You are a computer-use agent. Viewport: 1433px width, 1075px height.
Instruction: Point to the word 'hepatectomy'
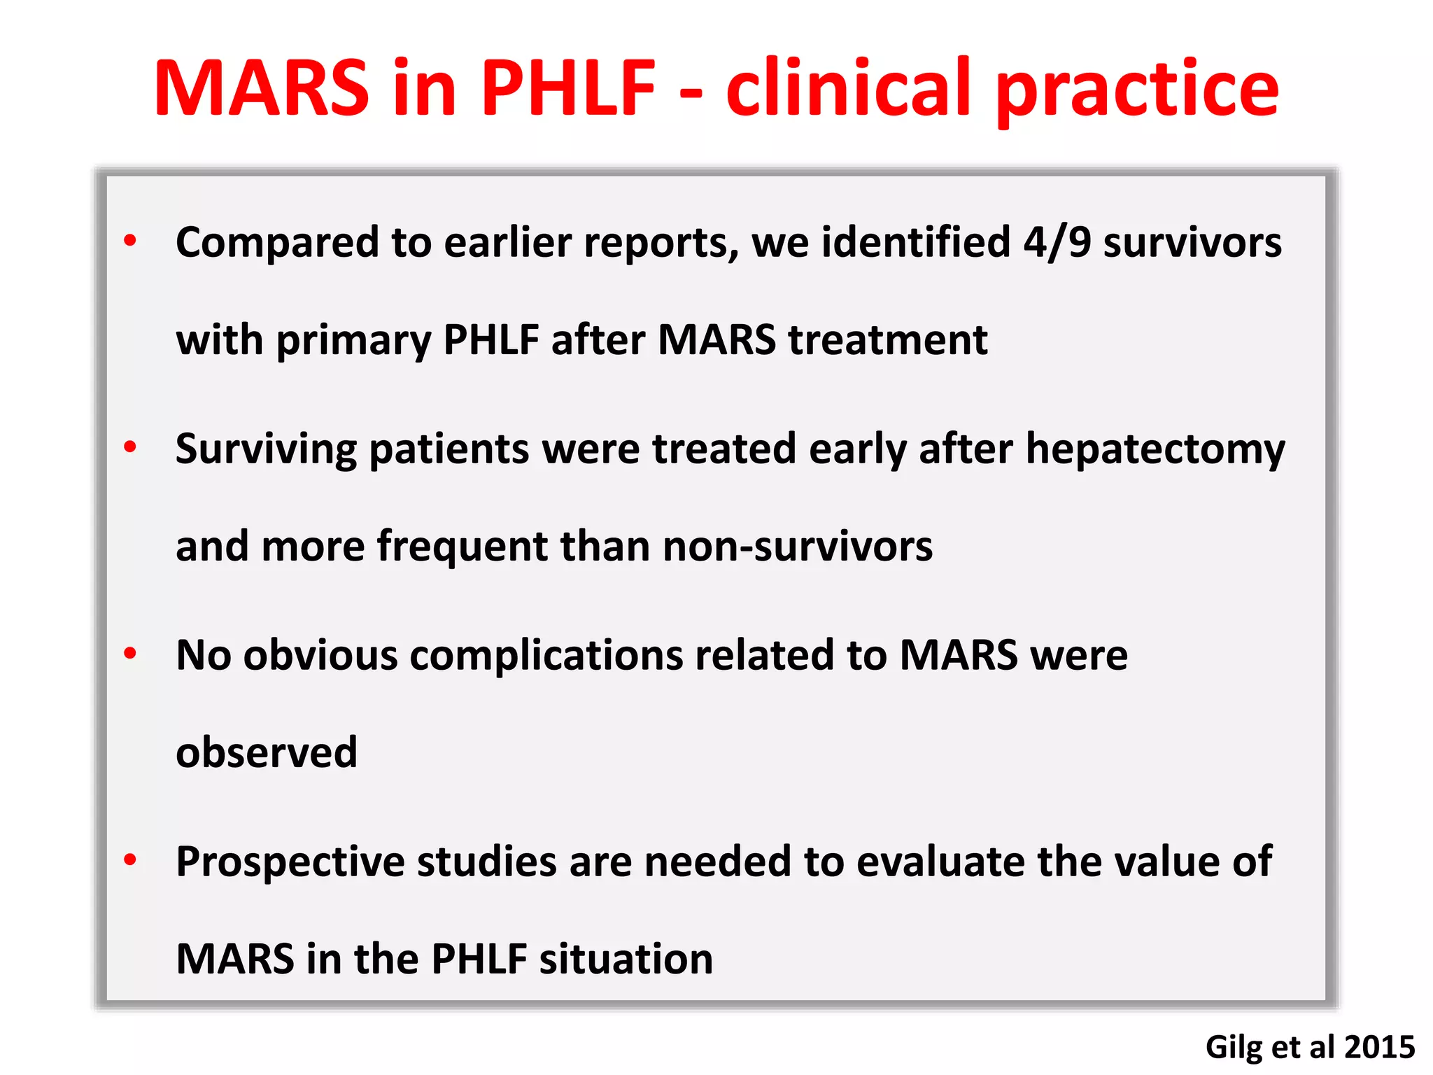(1155, 449)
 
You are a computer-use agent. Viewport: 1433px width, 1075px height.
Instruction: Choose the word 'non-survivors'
(798, 546)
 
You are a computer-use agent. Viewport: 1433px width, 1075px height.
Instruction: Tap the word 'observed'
(267, 752)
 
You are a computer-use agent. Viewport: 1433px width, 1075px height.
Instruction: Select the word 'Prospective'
(290, 862)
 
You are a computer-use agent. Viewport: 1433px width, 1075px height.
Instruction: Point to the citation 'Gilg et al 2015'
(1310, 1047)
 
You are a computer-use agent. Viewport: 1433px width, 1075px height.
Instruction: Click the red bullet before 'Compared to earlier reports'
(130, 241)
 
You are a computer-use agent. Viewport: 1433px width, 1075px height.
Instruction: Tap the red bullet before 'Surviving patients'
(130, 447)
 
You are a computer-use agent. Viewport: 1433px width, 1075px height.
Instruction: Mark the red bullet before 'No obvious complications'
(130, 653)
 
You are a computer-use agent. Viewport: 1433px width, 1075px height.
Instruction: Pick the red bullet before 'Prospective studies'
(130, 859)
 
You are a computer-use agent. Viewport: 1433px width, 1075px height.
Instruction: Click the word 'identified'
(916, 243)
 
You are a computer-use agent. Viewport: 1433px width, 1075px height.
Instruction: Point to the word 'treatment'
(888, 340)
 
